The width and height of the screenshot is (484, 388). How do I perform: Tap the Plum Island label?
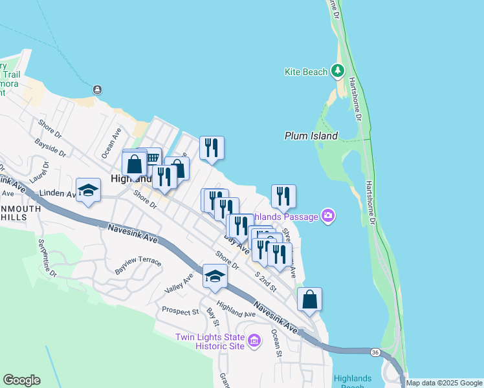point(311,136)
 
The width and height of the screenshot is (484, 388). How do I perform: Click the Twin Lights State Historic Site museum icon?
point(254,341)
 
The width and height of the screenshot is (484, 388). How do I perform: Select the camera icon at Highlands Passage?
point(328,216)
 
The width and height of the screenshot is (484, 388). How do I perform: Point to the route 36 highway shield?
point(375,352)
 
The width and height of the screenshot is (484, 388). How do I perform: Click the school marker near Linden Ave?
point(89,190)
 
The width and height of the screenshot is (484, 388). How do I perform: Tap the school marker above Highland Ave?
point(215,277)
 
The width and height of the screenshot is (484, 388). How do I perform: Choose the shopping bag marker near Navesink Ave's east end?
point(310,299)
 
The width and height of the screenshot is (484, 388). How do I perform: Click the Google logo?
point(21,380)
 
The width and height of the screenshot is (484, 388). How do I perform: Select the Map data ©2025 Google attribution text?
point(444,383)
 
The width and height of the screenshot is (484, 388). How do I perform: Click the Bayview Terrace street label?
point(138,264)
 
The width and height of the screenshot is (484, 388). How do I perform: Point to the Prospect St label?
point(181,311)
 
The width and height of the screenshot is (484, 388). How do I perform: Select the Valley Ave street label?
point(179,282)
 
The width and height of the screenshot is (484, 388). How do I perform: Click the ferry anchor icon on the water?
point(97,89)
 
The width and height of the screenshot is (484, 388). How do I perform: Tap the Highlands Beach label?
point(353,382)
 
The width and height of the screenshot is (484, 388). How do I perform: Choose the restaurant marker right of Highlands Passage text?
point(283,196)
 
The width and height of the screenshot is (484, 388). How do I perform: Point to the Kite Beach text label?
point(306,72)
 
